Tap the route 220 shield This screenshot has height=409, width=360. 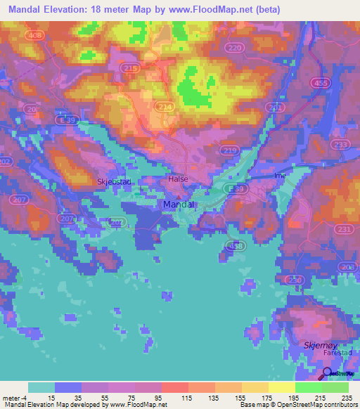[235, 47]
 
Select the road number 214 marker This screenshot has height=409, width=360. [164, 105]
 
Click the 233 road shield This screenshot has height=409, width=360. [341, 144]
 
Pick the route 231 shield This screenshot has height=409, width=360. [345, 229]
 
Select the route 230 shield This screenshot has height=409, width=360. [295, 280]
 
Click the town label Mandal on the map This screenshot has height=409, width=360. [179, 204]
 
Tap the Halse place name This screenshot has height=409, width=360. [179, 179]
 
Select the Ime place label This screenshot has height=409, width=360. [279, 175]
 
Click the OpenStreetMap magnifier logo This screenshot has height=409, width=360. [327, 374]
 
